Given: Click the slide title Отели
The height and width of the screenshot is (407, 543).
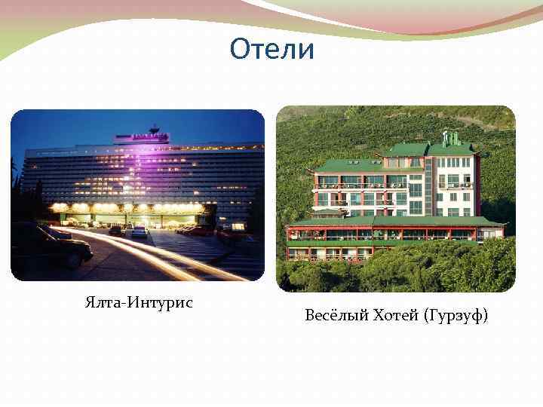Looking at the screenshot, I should (x=271, y=50).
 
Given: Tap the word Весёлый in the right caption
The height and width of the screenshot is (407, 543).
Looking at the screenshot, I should (x=334, y=315).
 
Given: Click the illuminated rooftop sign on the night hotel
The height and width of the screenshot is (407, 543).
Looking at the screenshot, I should (x=141, y=138).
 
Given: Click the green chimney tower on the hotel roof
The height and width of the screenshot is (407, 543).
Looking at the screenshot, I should (x=450, y=138).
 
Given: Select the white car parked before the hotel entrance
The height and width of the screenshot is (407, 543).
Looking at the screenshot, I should (x=140, y=231).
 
